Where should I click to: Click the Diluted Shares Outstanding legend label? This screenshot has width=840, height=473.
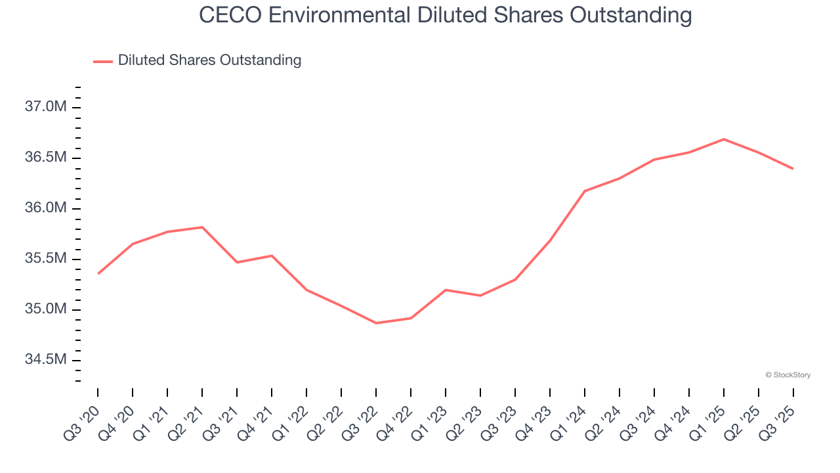point(209,60)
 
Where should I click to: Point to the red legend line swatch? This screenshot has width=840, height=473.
point(103,61)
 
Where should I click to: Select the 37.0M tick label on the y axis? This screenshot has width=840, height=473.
point(45,107)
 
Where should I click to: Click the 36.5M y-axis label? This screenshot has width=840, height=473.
point(45,158)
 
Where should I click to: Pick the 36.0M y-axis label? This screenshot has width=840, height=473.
point(45,208)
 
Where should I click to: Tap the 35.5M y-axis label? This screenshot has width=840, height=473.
point(45,259)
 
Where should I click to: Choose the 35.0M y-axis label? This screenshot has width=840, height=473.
point(45,309)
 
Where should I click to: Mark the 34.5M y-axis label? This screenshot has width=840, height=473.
point(45,360)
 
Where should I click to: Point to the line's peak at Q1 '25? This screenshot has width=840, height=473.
point(723,139)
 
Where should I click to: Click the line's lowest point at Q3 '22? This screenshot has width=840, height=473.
point(376,323)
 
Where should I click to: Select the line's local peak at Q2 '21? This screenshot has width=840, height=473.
point(202,227)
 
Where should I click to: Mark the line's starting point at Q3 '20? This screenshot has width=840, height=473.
point(98,273)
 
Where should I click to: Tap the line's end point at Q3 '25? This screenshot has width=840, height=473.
point(793,169)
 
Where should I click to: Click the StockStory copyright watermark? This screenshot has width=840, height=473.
point(787,375)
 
